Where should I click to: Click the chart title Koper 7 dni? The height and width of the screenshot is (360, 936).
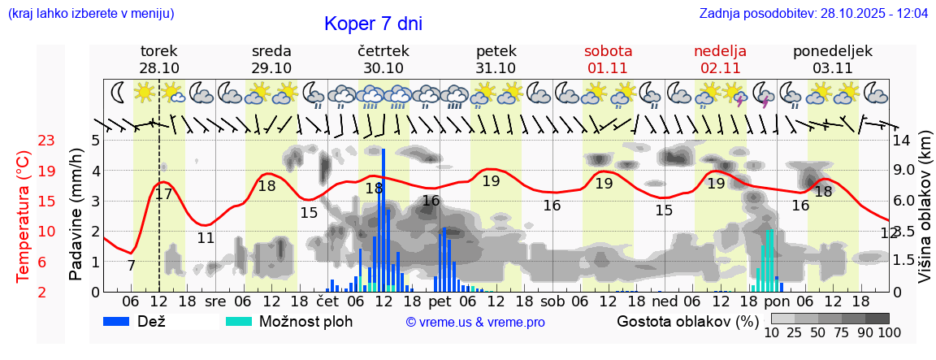click(373, 24)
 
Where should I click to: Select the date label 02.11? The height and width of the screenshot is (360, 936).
click(720, 68)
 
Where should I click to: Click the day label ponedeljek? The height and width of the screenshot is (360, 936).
click(833, 51)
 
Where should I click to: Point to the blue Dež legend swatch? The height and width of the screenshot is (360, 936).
click(122, 321)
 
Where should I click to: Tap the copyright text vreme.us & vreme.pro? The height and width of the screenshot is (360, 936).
click(475, 322)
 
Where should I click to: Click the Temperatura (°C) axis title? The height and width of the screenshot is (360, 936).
click(23, 216)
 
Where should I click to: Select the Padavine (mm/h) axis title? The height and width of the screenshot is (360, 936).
click(76, 215)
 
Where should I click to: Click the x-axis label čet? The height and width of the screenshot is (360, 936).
click(327, 300)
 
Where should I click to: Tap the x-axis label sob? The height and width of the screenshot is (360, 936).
click(552, 300)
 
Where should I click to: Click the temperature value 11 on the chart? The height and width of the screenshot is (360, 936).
click(206, 238)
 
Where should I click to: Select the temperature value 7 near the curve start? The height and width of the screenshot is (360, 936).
click(131, 266)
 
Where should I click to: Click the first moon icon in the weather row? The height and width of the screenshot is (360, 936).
click(119, 92)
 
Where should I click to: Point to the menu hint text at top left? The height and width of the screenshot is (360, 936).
click(91, 14)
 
